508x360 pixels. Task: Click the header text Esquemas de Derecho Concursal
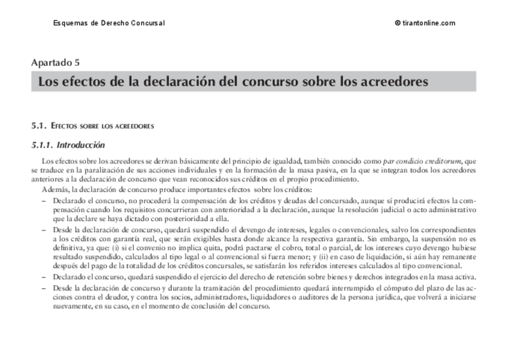tap(108, 23)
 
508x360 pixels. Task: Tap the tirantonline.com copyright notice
tap(425, 23)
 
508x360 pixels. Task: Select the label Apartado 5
tap(56, 62)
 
